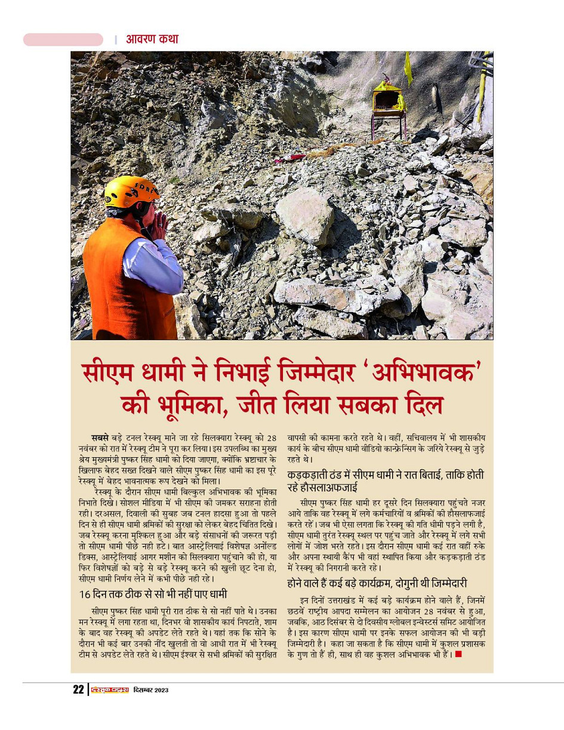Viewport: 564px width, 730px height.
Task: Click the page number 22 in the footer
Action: (x=78, y=689)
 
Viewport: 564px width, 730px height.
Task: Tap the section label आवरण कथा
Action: (x=152, y=39)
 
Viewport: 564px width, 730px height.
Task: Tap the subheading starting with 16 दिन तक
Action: (x=153, y=594)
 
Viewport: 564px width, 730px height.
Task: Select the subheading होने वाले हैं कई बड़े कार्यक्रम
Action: (x=377, y=583)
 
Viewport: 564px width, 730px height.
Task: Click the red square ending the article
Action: (x=458, y=654)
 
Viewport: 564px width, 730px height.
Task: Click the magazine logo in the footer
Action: (x=109, y=690)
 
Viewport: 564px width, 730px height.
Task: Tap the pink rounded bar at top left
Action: (x=63, y=39)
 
